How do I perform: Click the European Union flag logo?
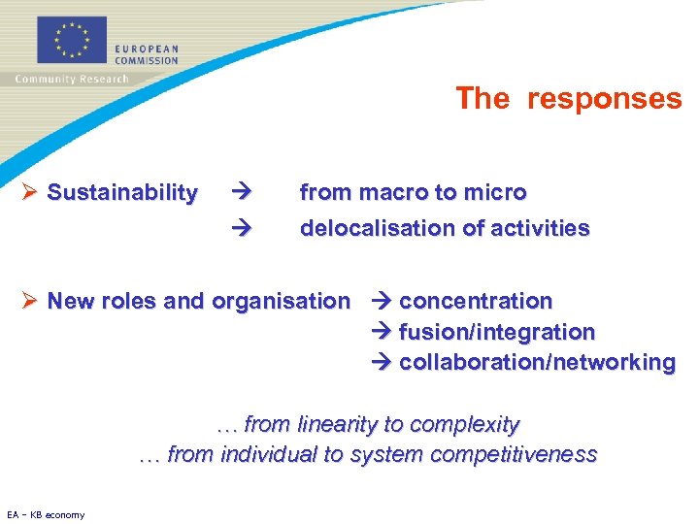coord(73,40)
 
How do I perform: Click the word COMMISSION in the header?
coord(147,60)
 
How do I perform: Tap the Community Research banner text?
coord(72,80)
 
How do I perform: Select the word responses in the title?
coord(604,98)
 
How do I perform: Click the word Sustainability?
coord(122,193)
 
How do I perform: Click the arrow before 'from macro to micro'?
coord(242,193)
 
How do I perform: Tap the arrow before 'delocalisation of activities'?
coord(242,229)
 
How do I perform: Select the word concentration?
coord(476,302)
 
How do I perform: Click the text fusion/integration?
coord(497,333)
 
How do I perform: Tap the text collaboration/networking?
coord(537,363)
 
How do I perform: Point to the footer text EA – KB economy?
coord(46,514)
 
